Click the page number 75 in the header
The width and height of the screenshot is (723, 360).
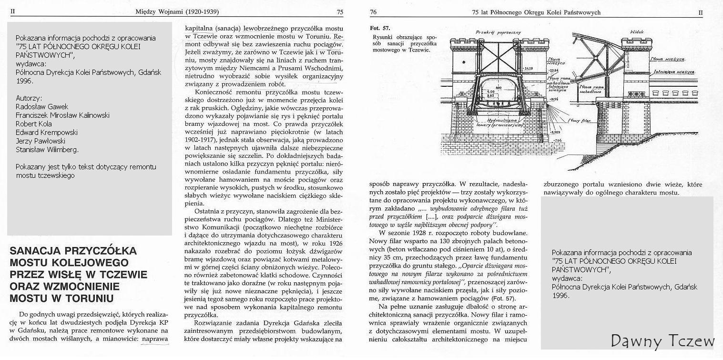coord(340,12)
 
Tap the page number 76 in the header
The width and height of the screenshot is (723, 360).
coord(374,12)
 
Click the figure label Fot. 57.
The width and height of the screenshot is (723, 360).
coord(380,29)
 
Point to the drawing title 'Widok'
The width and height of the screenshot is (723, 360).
coord(637,32)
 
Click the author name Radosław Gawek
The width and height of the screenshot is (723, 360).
coord(42,106)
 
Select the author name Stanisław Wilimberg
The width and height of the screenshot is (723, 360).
coord(47,149)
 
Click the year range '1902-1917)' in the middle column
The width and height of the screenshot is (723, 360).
coord(200,141)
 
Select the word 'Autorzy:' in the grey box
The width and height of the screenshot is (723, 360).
coord(29,98)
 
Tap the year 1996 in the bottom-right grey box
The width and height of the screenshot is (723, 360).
coord(560,295)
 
